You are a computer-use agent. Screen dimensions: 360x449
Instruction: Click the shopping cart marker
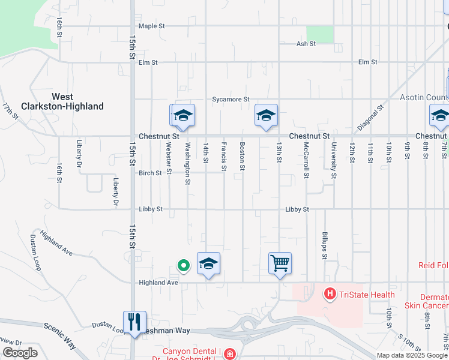tap(280, 263)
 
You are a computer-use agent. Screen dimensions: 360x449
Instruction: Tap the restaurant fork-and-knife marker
tap(134, 321)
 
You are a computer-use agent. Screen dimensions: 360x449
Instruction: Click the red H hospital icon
tap(330, 294)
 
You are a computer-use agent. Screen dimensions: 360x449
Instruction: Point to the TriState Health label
tap(367, 295)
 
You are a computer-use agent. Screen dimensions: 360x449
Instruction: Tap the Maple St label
tap(151, 26)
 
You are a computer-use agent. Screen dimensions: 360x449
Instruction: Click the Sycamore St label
tap(231, 99)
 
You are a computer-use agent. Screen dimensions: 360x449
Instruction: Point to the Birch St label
tap(150, 173)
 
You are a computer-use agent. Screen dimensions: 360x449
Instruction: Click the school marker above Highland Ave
tap(208, 263)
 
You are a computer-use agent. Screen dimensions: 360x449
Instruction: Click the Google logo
tap(20, 353)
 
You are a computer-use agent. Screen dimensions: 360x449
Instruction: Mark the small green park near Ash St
tap(319, 34)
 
